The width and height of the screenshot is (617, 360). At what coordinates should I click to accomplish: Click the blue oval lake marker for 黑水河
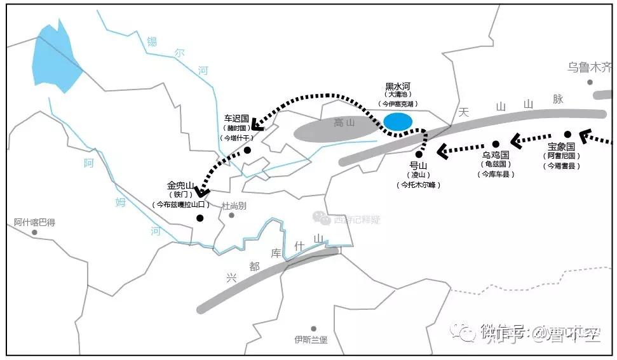(x=398, y=121)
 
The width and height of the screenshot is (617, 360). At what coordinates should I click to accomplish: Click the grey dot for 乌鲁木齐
(x=590, y=82)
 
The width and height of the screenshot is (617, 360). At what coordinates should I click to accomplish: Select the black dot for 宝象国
(x=567, y=134)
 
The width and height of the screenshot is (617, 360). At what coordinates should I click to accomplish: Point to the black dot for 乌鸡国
(x=496, y=144)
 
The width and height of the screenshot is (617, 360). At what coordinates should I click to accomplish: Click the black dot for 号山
(x=419, y=154)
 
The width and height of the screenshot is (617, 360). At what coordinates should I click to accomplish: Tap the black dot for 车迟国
(x=247, y=150)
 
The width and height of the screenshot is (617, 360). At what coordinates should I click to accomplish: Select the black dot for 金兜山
(x=200, y=218)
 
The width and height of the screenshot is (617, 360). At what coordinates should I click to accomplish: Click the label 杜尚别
(x=234, y=206)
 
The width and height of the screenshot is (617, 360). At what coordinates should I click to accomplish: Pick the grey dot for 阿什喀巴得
(x=34, y=232)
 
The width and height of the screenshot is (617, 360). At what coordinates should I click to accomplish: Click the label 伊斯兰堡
(x=311, y=340)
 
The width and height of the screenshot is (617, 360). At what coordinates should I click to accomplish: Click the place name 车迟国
(x=236, y=118)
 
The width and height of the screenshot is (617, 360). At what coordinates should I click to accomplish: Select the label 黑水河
(x=398, y=86)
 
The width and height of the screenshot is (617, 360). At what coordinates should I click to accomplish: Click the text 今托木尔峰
(x=419, y=185)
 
